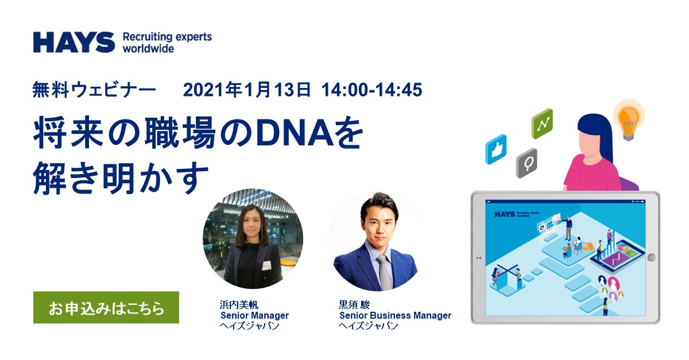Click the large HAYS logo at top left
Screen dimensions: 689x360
(74, 42)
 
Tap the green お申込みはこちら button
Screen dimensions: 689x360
(106, 307)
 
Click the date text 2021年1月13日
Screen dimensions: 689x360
(247, 90)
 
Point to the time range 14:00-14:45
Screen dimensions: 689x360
(371, 90)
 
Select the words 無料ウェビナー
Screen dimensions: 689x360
(94, 90)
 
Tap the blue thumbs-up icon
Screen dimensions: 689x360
(496, 149)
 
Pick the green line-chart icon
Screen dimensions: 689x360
(542, 123)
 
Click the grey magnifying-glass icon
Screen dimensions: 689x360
(527, 162)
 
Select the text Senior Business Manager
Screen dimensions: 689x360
(395, 315)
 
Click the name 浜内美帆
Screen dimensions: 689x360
(239, 305)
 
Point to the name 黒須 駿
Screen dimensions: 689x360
(354, 305)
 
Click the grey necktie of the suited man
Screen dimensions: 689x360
(384, 272)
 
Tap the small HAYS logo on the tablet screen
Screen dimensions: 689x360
(505, 214)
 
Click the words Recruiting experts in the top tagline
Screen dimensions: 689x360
(167, 37)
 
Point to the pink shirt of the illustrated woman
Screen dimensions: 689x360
(591, 173)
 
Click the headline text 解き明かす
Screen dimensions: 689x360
(121, 179)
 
